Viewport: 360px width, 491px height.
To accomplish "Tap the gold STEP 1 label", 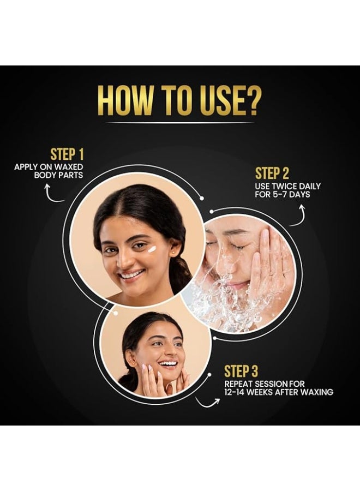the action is click(67, 154).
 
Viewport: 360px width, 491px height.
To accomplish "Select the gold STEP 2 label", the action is click(272, 173).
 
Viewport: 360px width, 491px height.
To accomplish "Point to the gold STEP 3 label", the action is click(241, 372).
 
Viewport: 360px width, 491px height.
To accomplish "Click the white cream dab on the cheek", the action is click(152, 249).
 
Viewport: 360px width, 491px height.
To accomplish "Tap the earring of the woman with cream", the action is click(173, 251).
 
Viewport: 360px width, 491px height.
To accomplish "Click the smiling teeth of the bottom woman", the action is click(167, 363).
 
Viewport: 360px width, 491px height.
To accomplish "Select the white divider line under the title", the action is click(180, 123).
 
